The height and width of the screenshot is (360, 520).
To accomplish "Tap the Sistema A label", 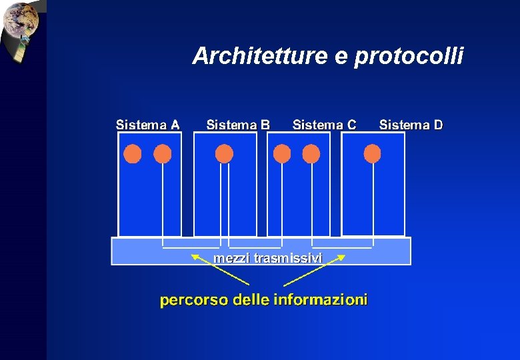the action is [x=147, y=125].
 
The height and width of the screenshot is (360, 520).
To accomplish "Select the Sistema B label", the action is [x=238, y=125].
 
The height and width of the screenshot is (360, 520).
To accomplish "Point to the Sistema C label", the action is [x=324, y=125].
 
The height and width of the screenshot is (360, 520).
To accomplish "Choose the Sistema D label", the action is [x=411, y=125].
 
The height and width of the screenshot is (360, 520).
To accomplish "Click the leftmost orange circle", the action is [x=133, y=155].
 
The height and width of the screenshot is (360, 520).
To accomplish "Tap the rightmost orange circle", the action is [x=372, y=155].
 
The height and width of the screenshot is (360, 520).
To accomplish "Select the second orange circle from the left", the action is [x=163, y=155].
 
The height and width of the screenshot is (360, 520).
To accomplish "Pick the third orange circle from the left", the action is [x=225, y=155].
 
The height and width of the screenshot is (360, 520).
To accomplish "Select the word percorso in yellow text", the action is [x=193, y=300].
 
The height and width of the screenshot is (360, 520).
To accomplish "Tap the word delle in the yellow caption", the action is [x=249, y=300].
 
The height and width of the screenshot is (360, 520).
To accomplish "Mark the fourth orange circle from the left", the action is [x=282, y=155].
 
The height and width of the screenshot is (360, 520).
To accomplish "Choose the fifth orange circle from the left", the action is [x=311, y=155].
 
